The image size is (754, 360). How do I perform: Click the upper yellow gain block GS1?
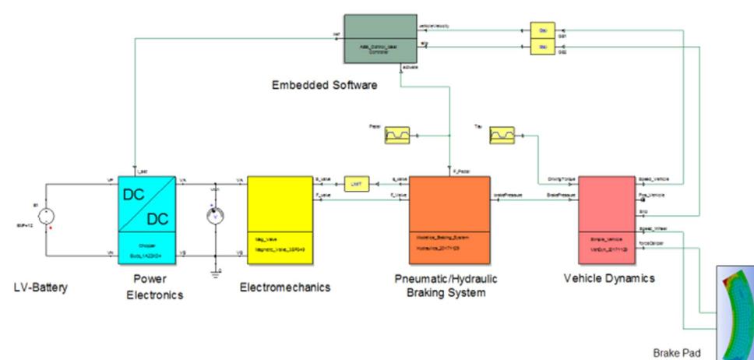coord(542,30)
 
